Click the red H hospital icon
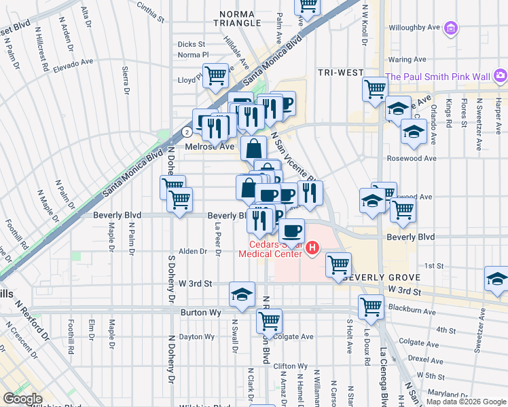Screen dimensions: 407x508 tap(312, 249)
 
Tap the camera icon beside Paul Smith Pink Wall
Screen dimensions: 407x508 tap(501, 75)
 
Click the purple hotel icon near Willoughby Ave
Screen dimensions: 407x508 tap(452, 28)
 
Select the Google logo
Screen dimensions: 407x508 tap(22, 399)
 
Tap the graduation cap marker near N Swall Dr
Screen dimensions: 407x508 tap(242, 294)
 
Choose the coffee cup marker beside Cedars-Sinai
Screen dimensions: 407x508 tap(292, 231)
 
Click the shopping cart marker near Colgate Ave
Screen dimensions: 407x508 tap(270, 322)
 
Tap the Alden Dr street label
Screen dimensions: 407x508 tap(194, 251)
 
